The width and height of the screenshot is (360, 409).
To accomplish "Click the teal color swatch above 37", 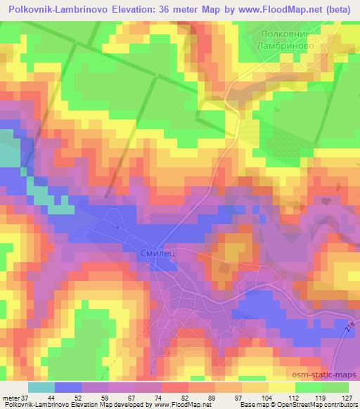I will [x=41, y=387].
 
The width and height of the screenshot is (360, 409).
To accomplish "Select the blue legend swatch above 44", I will [x=68, y=387].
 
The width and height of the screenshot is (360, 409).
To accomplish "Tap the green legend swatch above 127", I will [x=335, y=387].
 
